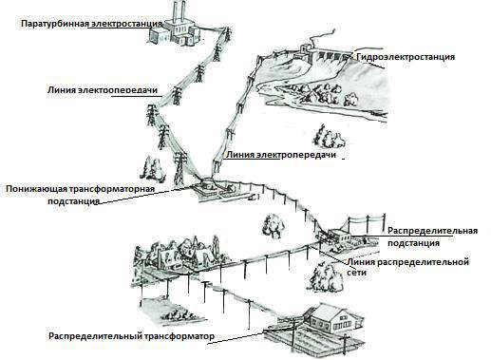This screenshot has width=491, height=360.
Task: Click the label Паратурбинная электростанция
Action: (92, 24)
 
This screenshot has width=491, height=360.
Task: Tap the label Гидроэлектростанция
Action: (406, 57)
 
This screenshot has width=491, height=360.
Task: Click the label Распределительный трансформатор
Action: (131, 336)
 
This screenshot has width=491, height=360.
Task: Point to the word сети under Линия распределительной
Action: (357, 272)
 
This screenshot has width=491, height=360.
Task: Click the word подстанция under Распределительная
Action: (413, 243)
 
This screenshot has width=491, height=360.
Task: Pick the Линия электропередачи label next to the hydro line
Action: (280, 155)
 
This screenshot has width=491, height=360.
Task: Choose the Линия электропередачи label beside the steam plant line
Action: (103, 90)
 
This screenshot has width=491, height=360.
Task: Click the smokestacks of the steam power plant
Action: (179, 10)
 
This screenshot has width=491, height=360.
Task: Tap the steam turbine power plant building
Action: (174, 31)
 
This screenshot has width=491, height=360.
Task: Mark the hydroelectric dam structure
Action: (320, 55)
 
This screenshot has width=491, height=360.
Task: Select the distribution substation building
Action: (338, 236)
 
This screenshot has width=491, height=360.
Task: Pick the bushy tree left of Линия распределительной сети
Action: (326, 277)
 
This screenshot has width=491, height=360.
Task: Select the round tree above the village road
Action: (273, 225)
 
